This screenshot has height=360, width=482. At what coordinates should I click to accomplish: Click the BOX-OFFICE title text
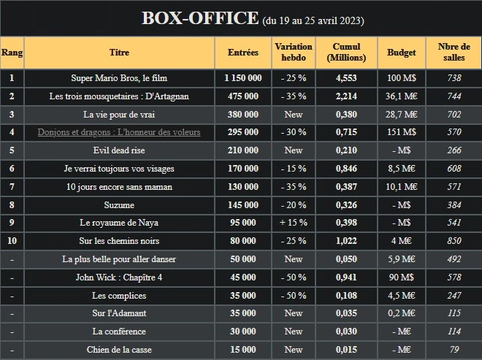coord(199,18)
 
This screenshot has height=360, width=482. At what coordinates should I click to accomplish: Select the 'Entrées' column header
coord(243,53)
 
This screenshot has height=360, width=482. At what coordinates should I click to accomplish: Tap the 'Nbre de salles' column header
coord(454,53)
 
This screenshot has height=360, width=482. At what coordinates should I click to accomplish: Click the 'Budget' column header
coord(402,53)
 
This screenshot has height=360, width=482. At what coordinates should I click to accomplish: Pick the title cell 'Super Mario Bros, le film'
coord(119,78)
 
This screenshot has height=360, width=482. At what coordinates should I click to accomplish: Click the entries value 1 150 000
coord(243,78)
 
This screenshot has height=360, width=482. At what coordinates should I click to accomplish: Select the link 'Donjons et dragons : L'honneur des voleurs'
coord(119,132)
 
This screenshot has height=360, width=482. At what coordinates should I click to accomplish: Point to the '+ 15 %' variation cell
coord(293,223)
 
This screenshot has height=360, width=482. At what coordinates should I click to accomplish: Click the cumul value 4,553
coord(346,78)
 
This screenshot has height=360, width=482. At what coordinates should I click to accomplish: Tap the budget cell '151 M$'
coord(402,132)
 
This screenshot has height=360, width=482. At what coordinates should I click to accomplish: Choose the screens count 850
coord(454,241)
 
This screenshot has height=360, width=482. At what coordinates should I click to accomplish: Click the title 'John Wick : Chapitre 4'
coord(119,277)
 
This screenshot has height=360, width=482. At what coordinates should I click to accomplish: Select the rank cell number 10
coord(12,241)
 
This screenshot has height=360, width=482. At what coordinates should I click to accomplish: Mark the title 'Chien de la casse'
coord(119,350)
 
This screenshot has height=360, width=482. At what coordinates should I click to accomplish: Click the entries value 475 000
coord(243,96)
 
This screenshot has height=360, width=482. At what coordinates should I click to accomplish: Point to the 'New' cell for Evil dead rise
coord(293,150)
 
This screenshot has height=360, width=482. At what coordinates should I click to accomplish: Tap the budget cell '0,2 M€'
coord(402,313)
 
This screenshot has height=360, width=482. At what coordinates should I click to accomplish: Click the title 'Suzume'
coord(119,205)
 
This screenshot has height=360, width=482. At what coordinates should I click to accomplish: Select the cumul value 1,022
coord(346,241)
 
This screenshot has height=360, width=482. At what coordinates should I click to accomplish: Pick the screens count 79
coord(454,350)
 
